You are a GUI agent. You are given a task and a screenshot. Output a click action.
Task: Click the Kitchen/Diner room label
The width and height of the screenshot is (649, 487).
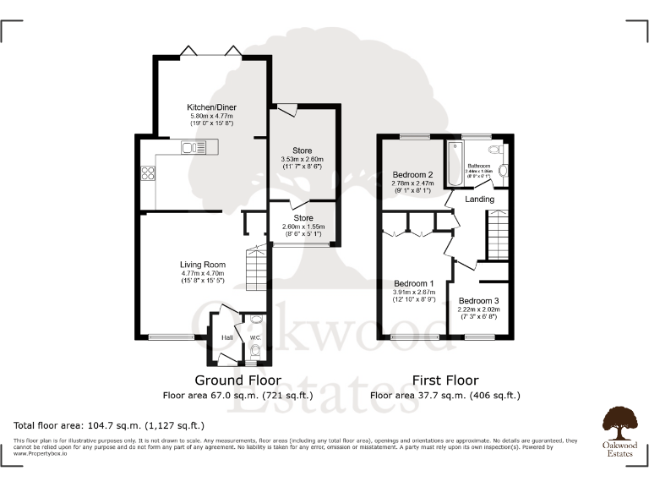coord(211,107)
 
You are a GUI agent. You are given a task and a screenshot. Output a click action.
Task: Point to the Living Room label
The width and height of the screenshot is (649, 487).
coord(203,265)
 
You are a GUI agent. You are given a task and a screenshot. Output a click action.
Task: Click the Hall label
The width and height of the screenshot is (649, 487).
coord(227,338)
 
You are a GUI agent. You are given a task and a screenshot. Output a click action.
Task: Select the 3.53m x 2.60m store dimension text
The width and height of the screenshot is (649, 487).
coord(302,159)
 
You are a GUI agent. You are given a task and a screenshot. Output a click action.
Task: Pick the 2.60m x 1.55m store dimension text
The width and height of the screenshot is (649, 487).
coord(302,226)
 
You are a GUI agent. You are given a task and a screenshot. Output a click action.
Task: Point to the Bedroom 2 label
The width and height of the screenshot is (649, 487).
coord(412,175)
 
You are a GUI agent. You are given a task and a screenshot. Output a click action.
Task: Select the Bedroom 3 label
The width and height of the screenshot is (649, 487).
coord(478,301)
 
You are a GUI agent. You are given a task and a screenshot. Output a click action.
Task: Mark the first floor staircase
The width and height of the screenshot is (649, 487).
coord(497,236)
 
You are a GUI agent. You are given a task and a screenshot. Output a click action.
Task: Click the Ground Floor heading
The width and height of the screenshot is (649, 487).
coord(237,380)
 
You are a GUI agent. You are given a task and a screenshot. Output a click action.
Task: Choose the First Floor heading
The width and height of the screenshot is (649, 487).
coord(444,380)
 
